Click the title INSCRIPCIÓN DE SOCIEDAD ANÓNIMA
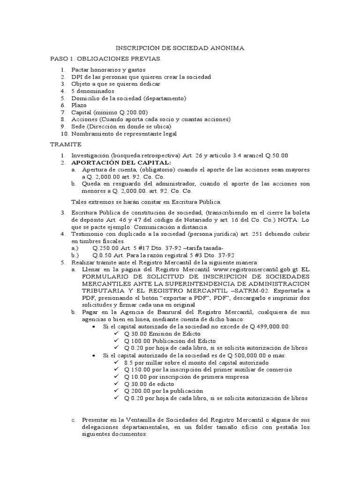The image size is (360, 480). [x=180, y=48]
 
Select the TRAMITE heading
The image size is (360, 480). [x=66, y=144]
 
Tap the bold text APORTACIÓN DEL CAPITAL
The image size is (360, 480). [x=121, y=162]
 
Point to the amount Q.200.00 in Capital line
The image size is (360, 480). [x=134, y=112]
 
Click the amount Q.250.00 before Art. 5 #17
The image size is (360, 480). [x=107, y=248]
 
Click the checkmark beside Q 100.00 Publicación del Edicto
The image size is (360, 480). [x=117, y=341]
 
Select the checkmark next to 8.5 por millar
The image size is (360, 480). [x=117, y=362]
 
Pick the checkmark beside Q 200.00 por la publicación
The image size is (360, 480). [x=117, y=391]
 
